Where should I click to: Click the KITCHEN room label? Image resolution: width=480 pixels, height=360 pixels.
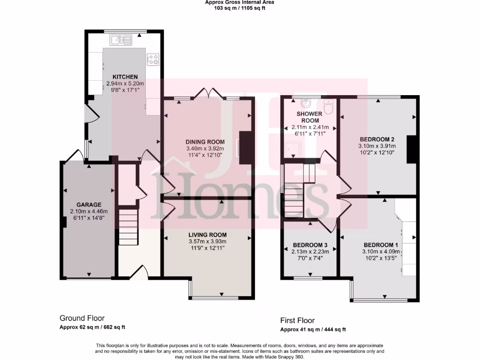point(125,77)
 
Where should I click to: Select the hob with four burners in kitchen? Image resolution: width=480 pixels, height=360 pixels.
point(153,59)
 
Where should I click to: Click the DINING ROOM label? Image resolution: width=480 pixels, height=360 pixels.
point(206,142)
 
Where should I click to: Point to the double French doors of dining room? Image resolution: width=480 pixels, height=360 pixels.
point(208,93)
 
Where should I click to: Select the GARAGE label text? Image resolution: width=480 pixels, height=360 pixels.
point(89,205)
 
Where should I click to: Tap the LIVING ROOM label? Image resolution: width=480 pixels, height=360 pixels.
point(208,235)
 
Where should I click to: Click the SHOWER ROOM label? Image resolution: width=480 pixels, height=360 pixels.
point(310,117)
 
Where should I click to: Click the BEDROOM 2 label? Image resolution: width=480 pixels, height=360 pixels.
point(377,139)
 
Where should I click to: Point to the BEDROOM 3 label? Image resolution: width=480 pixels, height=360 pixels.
point(310,245)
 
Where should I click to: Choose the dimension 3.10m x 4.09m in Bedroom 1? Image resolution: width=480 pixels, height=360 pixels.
point(381,252)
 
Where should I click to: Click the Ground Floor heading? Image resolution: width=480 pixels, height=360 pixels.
point(82,318)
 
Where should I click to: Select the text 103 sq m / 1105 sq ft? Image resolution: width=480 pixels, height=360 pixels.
point(240,8)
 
